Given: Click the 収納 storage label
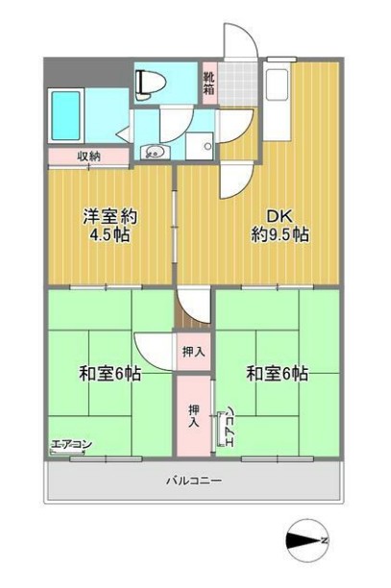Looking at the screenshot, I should click(x=89, y=156).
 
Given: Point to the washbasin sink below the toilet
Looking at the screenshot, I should click(x=153, y=151).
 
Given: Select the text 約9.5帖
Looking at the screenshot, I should click(x=280, y=234).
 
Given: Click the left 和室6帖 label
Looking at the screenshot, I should click(x=109, y=373).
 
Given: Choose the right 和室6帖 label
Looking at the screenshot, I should click(x=277, y=373).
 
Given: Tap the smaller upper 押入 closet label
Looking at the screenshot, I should click(x=194, y=352).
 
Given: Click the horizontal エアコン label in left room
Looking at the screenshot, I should click(x=71, y=445).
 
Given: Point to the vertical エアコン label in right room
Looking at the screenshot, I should click(x=229, y=429).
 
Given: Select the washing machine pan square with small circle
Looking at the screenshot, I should click(x=204, y=144).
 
